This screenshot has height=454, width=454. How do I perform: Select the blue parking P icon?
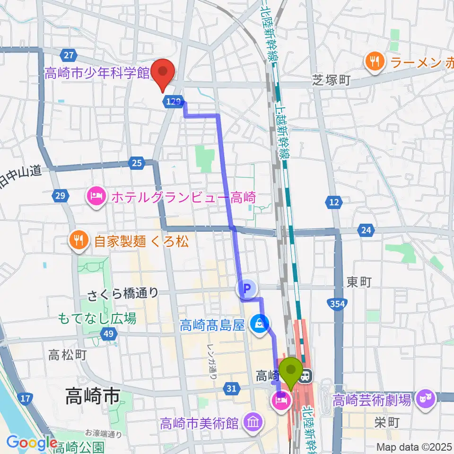tap(246, 287)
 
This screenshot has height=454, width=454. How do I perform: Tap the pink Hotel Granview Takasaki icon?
tap(96, 196)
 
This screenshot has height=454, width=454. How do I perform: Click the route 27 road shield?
tap(69, 55)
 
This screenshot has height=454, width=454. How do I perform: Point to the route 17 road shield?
tap(26, 399)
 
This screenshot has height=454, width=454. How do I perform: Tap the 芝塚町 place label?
tap(331, 80)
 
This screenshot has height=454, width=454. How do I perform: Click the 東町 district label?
tap(359, 282)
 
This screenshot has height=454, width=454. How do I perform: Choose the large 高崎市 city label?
tap(92, 395)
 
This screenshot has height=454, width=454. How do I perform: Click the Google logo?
tap(31, 443)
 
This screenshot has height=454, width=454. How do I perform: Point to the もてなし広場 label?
tap(97, 318)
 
